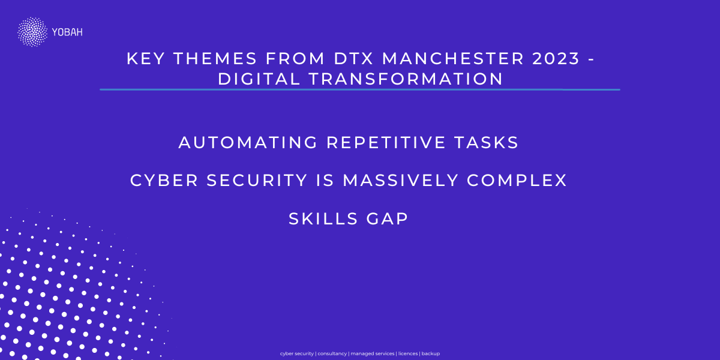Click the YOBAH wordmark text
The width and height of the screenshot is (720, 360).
click(x=67, y=32)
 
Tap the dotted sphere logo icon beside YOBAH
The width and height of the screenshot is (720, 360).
click(x=32, y=32)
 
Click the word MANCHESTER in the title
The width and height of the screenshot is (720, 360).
click(x=453, y=59)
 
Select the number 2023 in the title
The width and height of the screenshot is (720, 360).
click(x=556, y=59)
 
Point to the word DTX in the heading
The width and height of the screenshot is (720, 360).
click(x=354, y=59)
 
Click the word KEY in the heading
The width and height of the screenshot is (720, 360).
click(x=146, y=59)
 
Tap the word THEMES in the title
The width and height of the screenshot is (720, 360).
click(x=215, y=59)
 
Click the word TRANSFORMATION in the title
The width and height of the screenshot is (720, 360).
click(x=406, y=79)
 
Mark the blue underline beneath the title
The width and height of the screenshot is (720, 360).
click(x=360, y=89)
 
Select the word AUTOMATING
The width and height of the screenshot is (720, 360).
click(x=248, y=142)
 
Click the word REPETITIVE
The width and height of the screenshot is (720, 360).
click(x=386, y=142)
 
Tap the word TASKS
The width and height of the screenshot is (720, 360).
click(x=487, y=142)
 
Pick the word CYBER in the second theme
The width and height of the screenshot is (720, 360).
click(x=164, y=180)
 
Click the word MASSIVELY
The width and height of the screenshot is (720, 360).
click(x=401, y=180)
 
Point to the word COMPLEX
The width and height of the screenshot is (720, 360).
click(x=517, y=180)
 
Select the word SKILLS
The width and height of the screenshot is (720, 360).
click(x=323, y=218)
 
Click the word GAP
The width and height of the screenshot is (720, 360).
click(x=388, y=218)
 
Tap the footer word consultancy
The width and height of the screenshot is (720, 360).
click(x=332, y=353)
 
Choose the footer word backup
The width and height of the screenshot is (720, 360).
click(x=431, y=353)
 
